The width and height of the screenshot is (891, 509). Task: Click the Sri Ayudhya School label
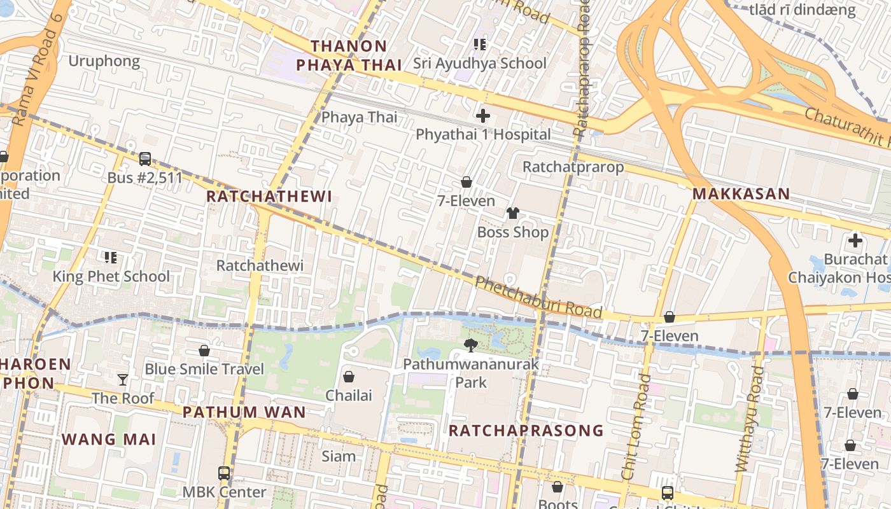coord(479,63)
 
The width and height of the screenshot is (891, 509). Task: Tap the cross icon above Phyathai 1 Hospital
coord(483,116)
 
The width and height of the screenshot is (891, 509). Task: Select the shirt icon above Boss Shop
coord(513,213)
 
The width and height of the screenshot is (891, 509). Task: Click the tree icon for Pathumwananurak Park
coord(471,345)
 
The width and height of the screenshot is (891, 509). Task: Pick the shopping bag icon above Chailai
coord(349,377)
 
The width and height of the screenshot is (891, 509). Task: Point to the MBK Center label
coord(224,492)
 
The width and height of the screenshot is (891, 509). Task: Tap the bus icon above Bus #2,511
coord(145,159)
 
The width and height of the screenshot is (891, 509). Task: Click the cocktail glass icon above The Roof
coord(123,380)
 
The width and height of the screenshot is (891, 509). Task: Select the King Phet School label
coord(111,276)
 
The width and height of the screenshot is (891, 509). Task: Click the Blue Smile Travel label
coord(204,369)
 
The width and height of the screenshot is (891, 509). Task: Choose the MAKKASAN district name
coord(741,194)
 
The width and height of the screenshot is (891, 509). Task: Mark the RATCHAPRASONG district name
coord(526,431)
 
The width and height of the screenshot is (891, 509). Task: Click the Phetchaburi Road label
coord(538,297)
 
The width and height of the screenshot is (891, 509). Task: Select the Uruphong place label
coord(104,61)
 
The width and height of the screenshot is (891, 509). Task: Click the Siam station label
coord(339,456)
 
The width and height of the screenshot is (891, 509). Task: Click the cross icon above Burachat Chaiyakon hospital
coord(855,241)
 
